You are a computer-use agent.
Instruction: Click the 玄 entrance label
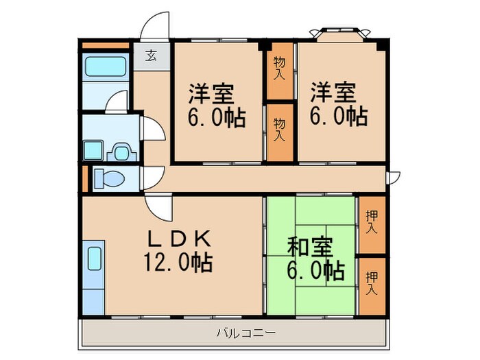(x=149, y=56)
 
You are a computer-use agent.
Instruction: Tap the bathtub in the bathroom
(x=104, y=69)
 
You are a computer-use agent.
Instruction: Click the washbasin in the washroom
(x=122, y=150)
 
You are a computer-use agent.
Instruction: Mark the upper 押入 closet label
(x=371, y=224)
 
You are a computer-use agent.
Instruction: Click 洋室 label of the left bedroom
(x=212, y=92)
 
